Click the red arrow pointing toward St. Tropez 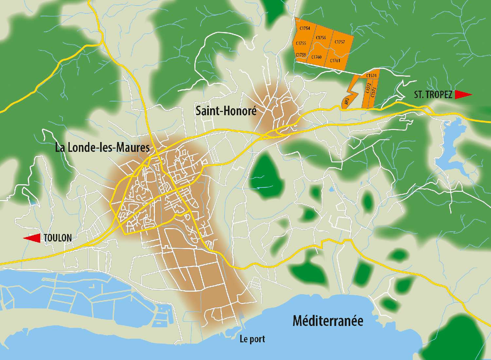click(x=463, y=95)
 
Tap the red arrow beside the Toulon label click(x=32, y=238)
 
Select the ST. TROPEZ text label click(x=433, y=95)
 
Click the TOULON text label click(x=58, y=238)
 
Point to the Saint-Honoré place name click(x=226, y=111)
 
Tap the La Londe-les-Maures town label click(x=102, y=148)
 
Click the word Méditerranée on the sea click(x=328, y=321)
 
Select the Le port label click(x=252, y=339)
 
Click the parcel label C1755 click(x=301, y=43)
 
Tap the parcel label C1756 click(x=321, y=38)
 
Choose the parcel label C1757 click(x=339, y=42)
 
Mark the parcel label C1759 click(x=300, y=55)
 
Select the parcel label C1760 click(x=316, y=57)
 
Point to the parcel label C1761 click(x=335, y=61)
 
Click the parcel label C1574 click(x=371, y=76)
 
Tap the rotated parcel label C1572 click(x=368, y=89)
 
